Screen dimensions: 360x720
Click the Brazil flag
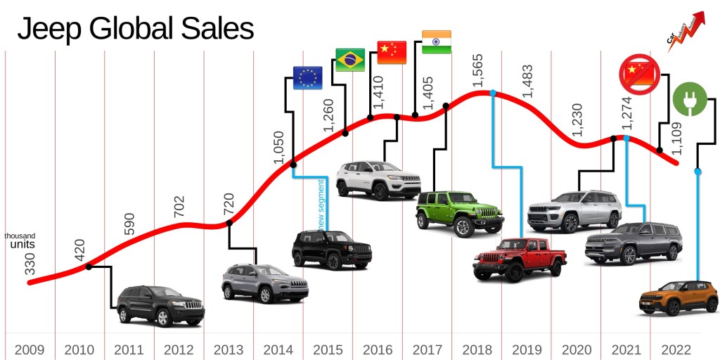click(350, 60)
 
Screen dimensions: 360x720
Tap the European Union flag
click(307, 78)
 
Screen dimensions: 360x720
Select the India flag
click(436, 42)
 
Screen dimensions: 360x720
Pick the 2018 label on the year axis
click(477, 349)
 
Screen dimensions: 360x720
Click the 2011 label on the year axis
click(129, 349)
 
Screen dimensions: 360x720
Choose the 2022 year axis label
click(676, 349)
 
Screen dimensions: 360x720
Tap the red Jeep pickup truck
click(519, 259)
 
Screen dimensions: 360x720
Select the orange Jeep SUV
click(678, 297)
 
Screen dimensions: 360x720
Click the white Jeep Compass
click(378, 180)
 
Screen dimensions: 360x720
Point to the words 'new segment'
click(322, 205)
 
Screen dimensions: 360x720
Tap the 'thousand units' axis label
click(20, 240)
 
